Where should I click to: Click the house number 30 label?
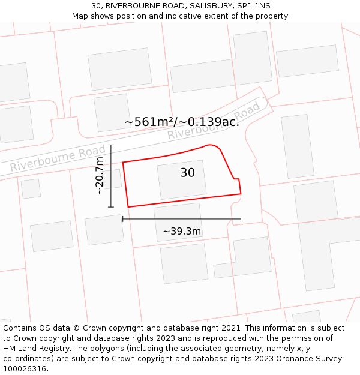pos(187,173)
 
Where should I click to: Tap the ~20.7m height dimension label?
pos(100,175)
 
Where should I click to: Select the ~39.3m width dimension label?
pos(182,231)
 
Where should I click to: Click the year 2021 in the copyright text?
pos(231,328)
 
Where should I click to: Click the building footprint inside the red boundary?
pos(181,179)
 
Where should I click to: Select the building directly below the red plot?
pos(179,221)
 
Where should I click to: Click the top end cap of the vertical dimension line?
pos(111,145)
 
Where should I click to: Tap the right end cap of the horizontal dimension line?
pos(241,219)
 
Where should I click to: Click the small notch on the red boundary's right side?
pos(236,179)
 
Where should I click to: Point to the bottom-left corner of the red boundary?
pos(128,207)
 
